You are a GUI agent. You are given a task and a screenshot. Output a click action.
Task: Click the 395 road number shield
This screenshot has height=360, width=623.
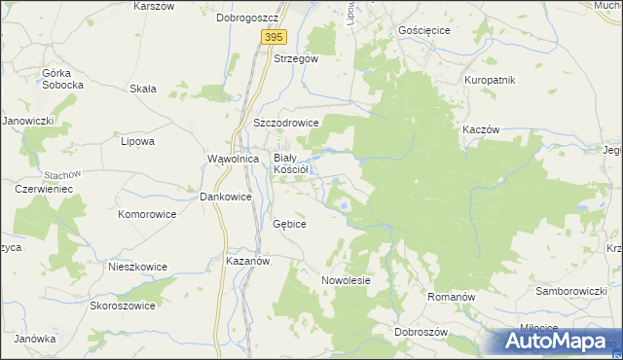coord(274,36)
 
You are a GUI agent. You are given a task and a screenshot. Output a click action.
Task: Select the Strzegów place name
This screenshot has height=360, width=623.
coord(296,58)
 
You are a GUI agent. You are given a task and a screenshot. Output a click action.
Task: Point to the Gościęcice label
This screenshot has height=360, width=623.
coord(424,30)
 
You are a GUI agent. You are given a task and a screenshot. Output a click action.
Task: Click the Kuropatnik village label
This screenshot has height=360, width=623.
coord(490,79)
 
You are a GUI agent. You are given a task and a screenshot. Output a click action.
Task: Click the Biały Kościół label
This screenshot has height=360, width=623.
coord(290,162)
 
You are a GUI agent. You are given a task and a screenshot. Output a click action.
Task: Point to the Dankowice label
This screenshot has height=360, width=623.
coord(226,197)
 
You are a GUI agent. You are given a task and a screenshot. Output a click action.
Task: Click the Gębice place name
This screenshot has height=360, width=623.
coord(290,224)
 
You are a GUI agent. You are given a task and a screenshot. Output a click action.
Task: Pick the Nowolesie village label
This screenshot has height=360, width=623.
coord(347,280)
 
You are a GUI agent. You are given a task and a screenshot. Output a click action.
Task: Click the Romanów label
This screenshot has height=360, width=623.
coord(451,293)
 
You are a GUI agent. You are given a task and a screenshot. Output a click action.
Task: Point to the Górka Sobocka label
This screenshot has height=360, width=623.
coord(63,79)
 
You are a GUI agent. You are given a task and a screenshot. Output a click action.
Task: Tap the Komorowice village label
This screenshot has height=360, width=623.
coord(145,213)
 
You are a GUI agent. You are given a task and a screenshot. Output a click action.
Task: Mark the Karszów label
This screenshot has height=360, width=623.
coord(153,6)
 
